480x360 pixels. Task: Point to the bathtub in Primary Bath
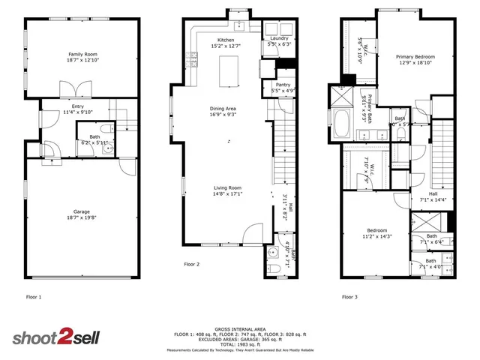pos(342,124)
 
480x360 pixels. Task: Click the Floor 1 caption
pos(34,297)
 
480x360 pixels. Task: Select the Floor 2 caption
pos(192,264)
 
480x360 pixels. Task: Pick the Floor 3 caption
pos(349,297)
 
